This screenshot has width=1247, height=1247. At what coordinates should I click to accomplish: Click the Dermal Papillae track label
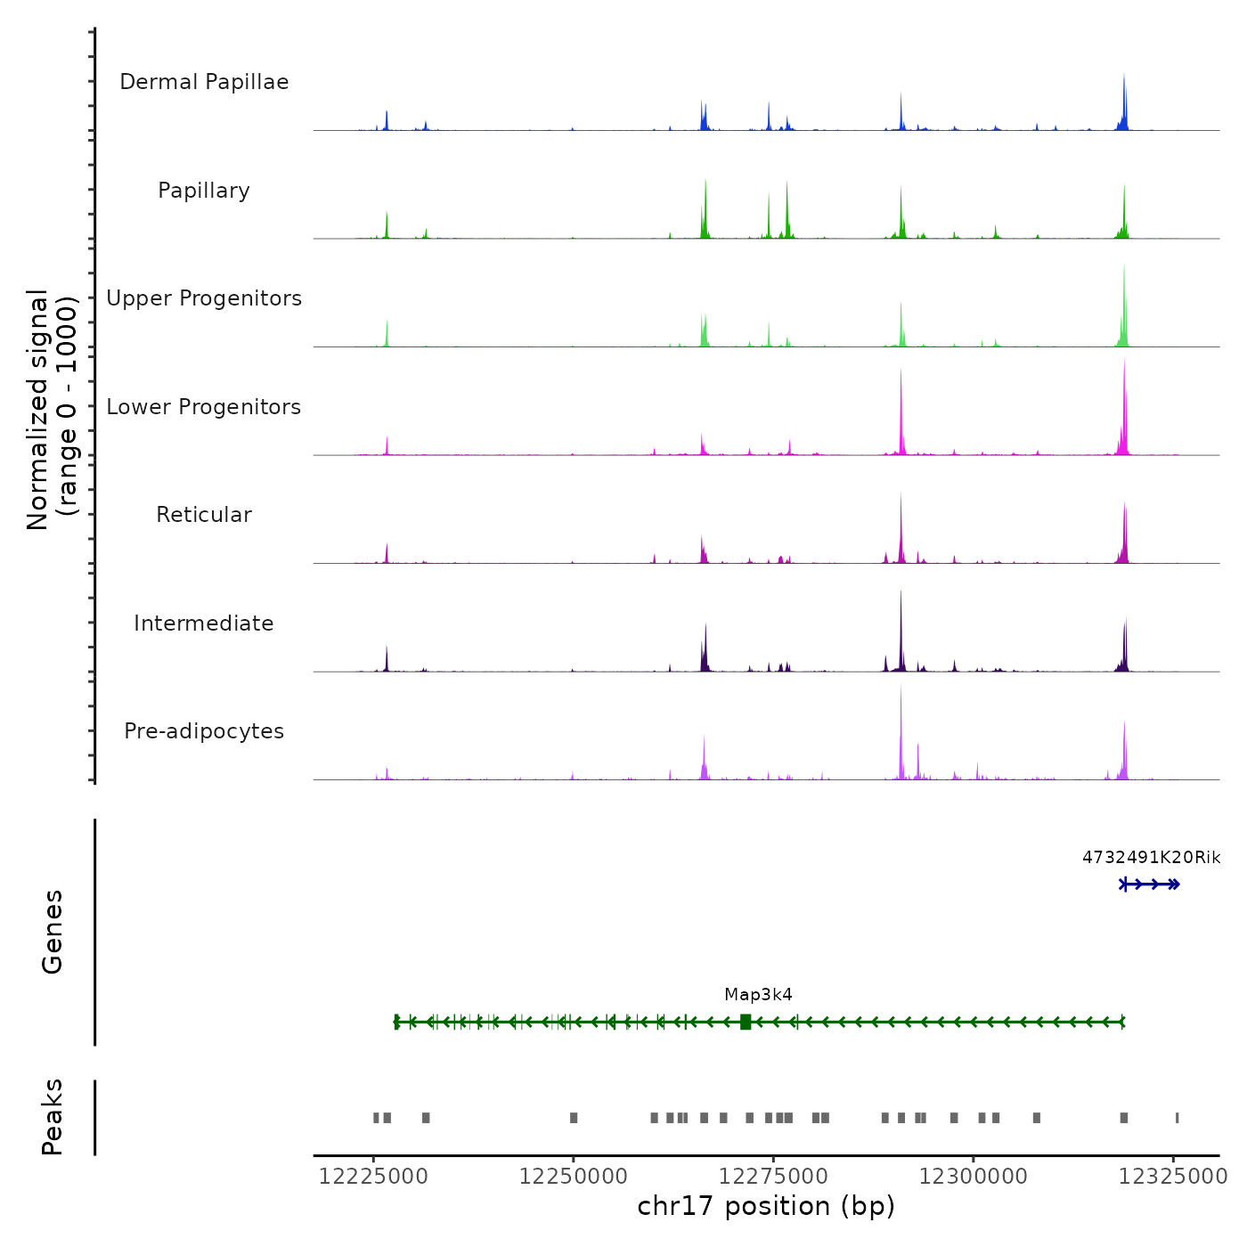pos(204,82)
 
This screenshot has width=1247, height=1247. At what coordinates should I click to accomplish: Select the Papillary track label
pos(204,191)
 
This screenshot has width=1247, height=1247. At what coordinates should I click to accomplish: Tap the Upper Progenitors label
pos(204,298)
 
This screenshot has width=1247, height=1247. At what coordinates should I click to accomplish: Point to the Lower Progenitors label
pos(204,407)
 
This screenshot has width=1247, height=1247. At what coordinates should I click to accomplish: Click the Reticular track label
pos(204,515)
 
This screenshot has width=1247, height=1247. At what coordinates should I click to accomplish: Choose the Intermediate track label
pos(204,623)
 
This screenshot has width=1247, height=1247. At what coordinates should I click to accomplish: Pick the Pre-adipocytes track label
pos(204,731)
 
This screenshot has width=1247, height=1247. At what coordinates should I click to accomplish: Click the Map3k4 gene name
pos(758,995)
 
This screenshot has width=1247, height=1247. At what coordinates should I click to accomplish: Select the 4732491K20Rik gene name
pos(1151,858)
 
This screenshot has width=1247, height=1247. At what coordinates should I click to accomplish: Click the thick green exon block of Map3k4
pos(746,1022)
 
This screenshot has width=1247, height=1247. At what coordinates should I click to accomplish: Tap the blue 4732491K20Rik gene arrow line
pos(1150,884)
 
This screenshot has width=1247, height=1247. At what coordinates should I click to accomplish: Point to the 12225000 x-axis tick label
pos(373,1177)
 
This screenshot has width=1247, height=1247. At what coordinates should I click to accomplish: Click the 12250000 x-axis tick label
pos(574,1177)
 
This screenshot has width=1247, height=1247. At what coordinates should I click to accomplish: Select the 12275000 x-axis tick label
pos(773,1177)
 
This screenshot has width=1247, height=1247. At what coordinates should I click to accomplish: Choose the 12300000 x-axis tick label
pos(974,1177)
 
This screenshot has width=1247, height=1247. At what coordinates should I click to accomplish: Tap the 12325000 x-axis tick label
pos(1173,1177)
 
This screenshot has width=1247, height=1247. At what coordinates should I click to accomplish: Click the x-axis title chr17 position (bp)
pos(766,1206)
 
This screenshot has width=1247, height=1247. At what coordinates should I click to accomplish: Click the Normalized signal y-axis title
pos(52,410)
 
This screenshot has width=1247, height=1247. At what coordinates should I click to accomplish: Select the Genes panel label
pos(53,932)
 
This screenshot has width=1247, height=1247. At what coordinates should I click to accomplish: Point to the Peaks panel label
pos(53,1117)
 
